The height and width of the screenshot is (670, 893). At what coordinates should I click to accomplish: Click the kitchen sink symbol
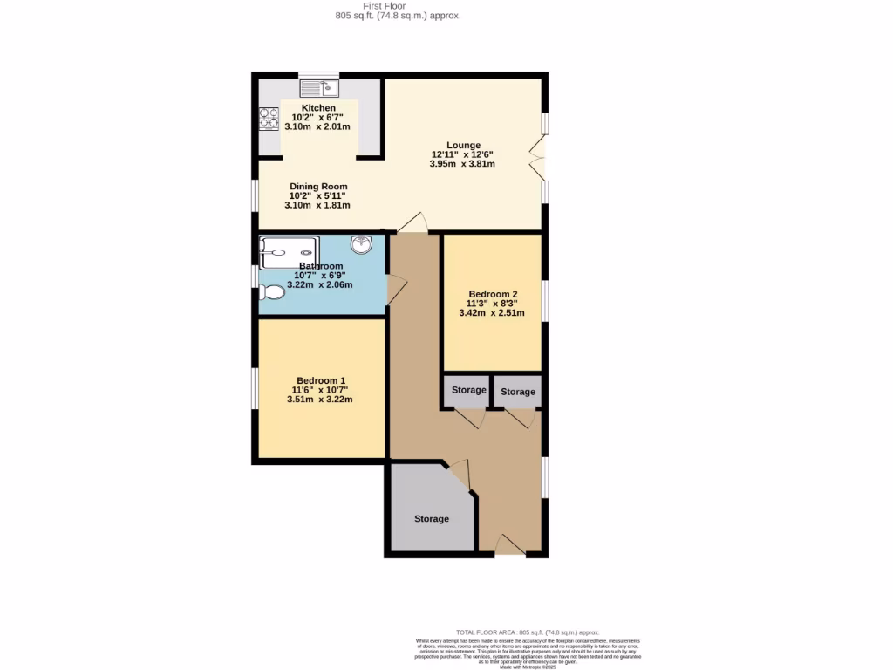pos(319,88)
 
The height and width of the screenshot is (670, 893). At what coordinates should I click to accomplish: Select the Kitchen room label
pos(319,108)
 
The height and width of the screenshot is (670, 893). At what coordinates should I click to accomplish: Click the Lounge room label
pos(463,146)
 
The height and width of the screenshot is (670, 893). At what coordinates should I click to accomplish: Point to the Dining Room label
pos(319,187)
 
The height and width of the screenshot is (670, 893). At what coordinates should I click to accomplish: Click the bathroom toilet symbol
pos(271,292)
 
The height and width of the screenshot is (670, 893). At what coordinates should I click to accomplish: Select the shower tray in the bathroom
pos(289,252)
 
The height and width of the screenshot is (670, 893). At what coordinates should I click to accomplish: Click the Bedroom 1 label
pos(321,381)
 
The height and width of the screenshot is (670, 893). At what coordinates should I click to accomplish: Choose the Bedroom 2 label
pos(493,294)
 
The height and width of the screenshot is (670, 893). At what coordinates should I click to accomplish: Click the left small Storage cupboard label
pos(468,390)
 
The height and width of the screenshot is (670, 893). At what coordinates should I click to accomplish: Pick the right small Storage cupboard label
pos(518,392)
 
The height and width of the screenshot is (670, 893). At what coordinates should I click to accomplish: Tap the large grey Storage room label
pos(432,519)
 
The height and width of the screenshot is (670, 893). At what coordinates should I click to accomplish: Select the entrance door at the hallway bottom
pos(510,545)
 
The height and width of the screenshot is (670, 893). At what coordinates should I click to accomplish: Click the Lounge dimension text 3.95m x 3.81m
pos(463,163)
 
